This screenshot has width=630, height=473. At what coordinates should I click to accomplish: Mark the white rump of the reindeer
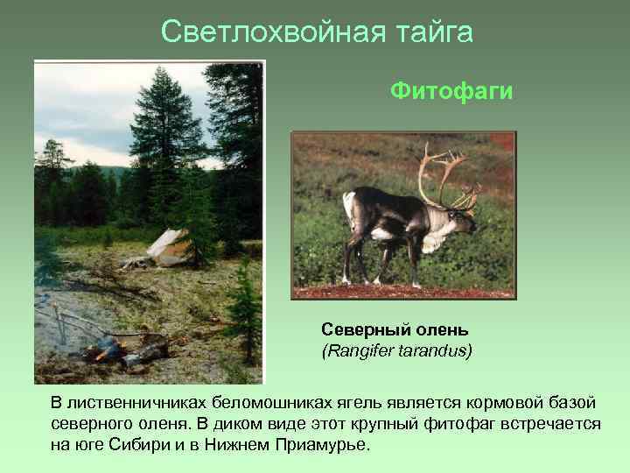point(350,210)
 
